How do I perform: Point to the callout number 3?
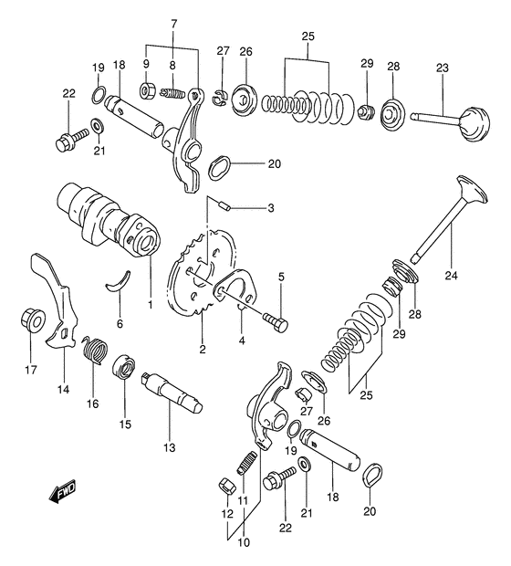click(245, 208)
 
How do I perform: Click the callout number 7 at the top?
click(172, 22)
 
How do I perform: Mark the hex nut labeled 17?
click(29, 321)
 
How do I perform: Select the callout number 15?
click(125, 424)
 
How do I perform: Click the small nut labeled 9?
click(145, 91)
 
